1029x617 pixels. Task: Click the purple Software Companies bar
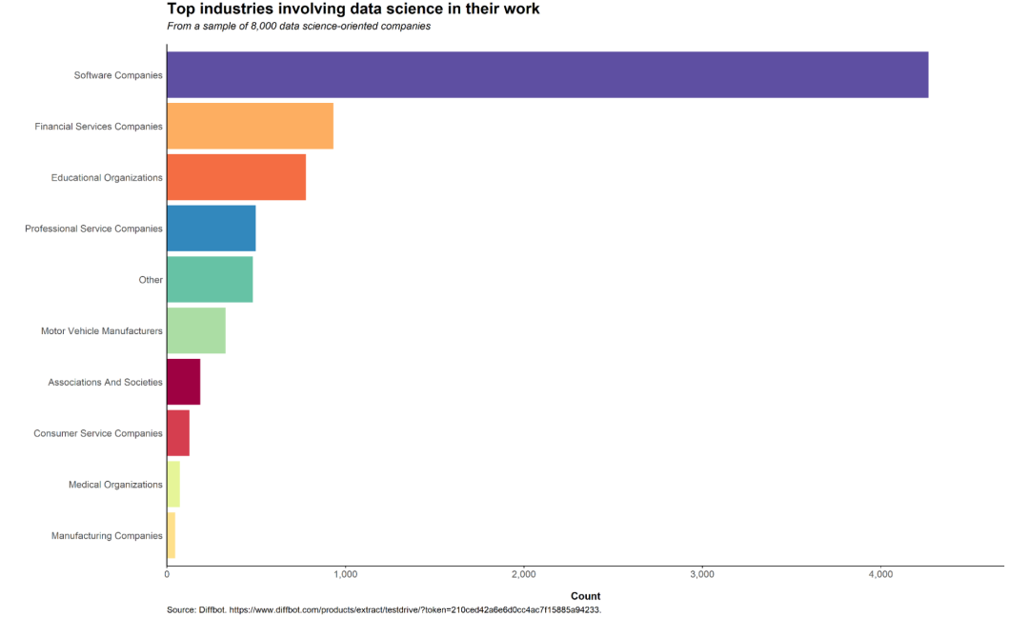pyautogui.click(x=547, y=75)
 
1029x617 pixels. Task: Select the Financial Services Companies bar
pyautogui.click(x=250, y=127)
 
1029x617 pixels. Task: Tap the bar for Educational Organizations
pyautogui.click(x=236, y=178)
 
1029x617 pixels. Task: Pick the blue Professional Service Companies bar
pyautogui.click(x=212, y=229)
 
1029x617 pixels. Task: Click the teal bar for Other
pyautogui.click(x=210, y=280)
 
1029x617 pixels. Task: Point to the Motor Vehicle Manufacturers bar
pyautogui.click(x=196, y=331)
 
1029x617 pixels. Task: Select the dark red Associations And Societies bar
pyautogui.click(x=184, y=382)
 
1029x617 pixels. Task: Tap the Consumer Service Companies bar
pyautogui.click(x=178, y=433)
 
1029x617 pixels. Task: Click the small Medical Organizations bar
pyautogui.click(x=173, y=485)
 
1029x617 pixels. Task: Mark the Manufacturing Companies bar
pyautogui.click(x=171, y=535)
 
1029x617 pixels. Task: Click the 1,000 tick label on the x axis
pyautogui.click(x=345, y=575)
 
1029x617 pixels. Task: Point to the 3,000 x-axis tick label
pyautogui.click(x=702, y=575)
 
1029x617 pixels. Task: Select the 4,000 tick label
pyautogui.click(x=880, y=575)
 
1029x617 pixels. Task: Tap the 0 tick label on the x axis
pyautogui.click(x=167, y=575)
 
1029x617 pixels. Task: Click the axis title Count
pyautogui.click(x=585, y=596)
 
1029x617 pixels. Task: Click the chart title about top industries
pyautogui.click(x=353, y=10)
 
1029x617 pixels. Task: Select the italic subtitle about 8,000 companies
pyautogui.click(x=298, y=27)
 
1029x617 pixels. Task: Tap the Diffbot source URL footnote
pyautogui.click(x=384, y=609)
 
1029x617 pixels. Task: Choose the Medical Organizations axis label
pyautogui.click(x=115, y=485)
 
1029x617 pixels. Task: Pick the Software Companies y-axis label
pyautogui.click(x=118, y=75)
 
